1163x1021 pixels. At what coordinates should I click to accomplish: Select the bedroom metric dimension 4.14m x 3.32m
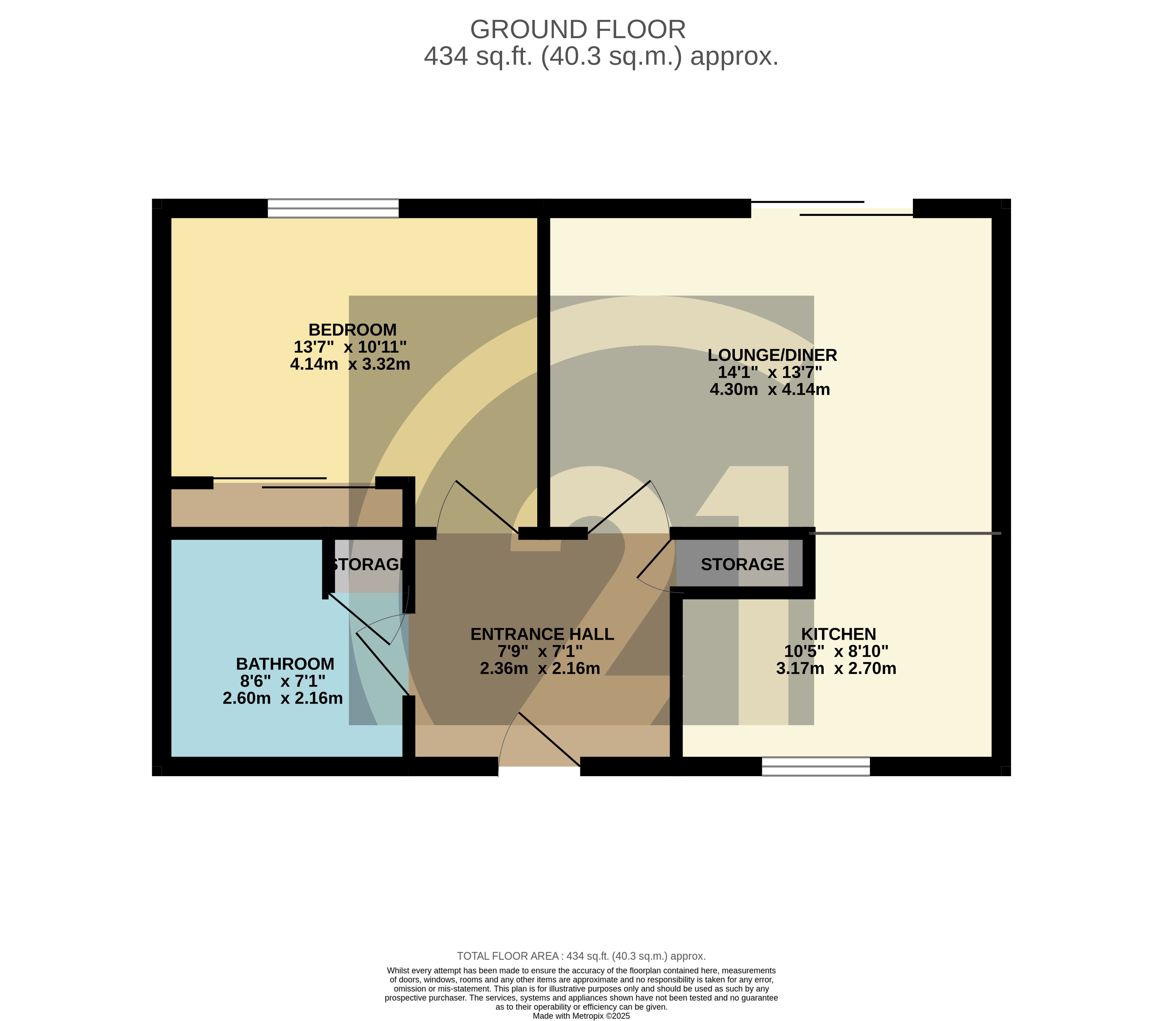350,364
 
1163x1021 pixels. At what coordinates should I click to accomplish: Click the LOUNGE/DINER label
772,355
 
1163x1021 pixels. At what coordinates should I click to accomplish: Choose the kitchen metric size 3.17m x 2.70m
836,668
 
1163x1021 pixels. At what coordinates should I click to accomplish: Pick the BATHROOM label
285,664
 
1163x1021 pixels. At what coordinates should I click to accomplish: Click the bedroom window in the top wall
333,208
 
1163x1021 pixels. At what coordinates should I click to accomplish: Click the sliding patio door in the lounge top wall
832,208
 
